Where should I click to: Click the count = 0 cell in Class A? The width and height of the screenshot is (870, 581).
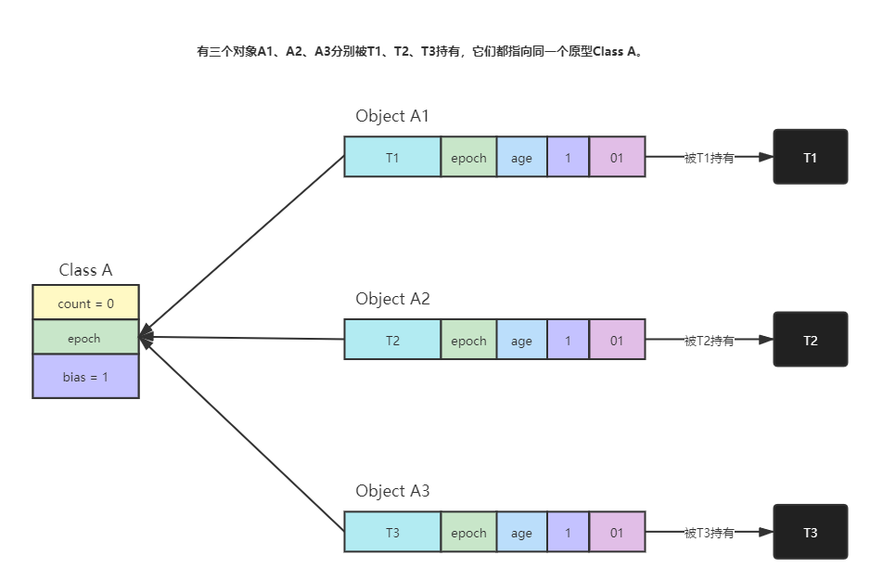tap(85, 303)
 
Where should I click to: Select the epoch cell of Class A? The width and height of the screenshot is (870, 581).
tap(85, 338)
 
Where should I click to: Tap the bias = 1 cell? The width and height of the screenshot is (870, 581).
tap(85, 377)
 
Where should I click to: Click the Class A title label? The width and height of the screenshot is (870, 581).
tap(85, 270)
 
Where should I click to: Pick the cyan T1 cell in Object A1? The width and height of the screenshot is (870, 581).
tap(392, 158)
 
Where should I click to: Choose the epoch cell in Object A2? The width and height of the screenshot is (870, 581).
tap(468, 341)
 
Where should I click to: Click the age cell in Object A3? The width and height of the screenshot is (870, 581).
tap(521, 533)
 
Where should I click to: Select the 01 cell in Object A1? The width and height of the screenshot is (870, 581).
tap(617, 158)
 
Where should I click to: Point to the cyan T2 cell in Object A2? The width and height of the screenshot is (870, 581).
tap(392, 341)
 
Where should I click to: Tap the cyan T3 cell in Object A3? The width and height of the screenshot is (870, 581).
tap(392, 533)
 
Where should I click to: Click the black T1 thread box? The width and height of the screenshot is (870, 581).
tap(810, 158)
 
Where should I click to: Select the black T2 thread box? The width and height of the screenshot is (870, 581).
tap(810, 341)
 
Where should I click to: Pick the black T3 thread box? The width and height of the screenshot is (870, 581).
tap(810, 533)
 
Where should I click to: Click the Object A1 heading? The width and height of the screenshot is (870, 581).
tap(391, 116)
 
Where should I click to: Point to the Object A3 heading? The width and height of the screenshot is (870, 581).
tap(391, 491)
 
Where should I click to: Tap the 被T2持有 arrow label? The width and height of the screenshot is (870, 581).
tap(710, 341)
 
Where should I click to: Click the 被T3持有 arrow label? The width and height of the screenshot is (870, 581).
tap(710, 533)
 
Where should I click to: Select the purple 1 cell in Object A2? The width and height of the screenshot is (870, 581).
tap(568, 341)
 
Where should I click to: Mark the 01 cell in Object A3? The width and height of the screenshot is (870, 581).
tap(617, 533)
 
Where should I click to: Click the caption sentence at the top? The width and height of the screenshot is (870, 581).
tap(418, 52)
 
